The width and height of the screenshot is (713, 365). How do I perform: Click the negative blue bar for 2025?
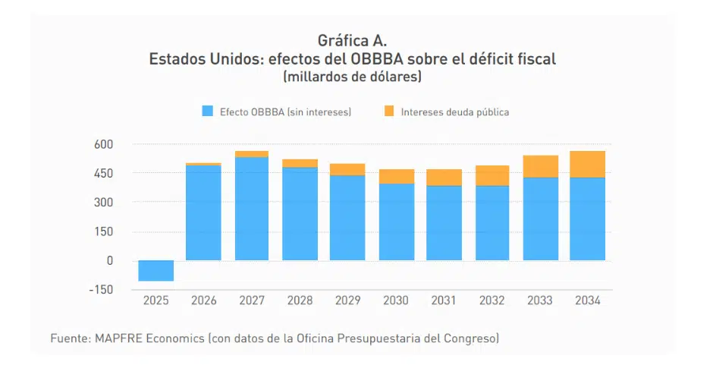[155, 270]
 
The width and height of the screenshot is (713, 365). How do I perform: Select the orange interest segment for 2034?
[587, 164]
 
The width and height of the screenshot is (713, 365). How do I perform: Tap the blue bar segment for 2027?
[251, 209]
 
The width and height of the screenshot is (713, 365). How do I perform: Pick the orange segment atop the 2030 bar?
[395, 176]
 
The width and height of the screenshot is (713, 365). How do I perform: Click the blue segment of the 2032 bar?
[491, 223]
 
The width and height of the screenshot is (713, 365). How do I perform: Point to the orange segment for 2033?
[539, 166]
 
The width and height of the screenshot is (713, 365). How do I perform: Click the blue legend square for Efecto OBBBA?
[207, 112]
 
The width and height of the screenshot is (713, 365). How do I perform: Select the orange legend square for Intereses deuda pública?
[389, 112]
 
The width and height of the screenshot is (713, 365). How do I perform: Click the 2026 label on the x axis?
[203, 300]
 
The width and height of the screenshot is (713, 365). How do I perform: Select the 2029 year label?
[347, 300]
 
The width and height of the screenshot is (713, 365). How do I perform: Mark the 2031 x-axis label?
[443, 300]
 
